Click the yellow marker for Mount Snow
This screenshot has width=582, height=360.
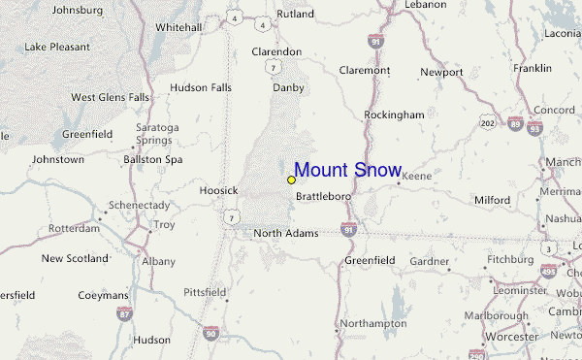click(x=291, y=180)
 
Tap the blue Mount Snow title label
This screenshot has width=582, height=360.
click(x=347, y=171)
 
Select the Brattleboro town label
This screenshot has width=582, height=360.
click(x=323, y=196)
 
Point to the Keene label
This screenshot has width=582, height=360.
click(x=416, y=177)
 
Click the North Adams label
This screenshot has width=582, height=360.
click(x=285, y=233)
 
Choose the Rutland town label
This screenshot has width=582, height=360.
click(x=295, y=15)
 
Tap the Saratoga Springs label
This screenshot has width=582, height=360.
click(x=157, y=133)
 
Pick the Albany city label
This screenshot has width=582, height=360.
click(x=158, y=262)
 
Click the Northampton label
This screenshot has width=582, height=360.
click(x=372, y=323)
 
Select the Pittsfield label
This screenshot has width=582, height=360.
click(x=205, y=291)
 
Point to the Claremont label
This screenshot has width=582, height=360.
click(x=365, y=70)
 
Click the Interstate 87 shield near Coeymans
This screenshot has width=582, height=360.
click(x=123, y=313)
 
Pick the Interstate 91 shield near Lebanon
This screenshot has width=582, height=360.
click(x=374, y=41)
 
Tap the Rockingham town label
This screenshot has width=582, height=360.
click(x=394, y=115)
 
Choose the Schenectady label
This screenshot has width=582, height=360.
click(x=138, y=206)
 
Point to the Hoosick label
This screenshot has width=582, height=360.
click(x=218, y=190)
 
